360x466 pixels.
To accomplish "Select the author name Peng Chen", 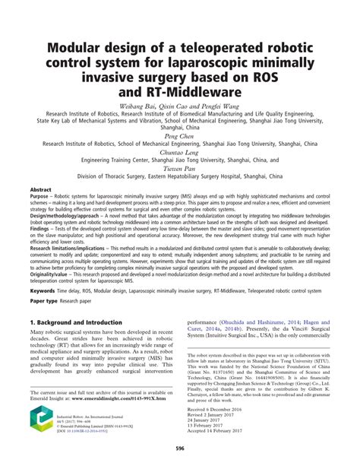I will coord(178,134).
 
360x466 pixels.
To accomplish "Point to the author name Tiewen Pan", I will coord(179,168).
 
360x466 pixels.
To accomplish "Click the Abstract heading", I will coord(40,189).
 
